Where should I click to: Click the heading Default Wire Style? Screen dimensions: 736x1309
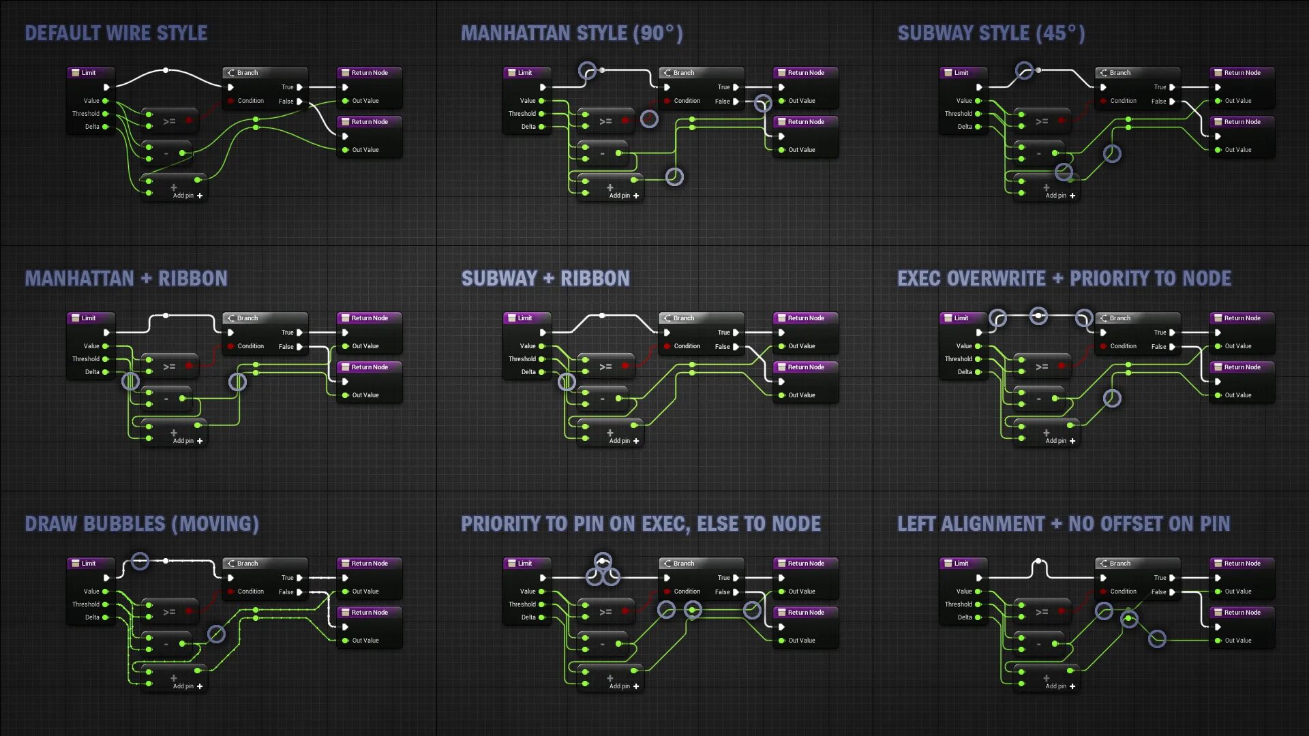[116, 33]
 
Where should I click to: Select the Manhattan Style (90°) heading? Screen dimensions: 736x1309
[571, 33]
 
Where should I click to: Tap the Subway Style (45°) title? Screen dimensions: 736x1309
[991, 33]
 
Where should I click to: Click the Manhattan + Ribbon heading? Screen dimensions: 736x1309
[126, 279]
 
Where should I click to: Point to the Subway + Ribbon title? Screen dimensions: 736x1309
[545, 279]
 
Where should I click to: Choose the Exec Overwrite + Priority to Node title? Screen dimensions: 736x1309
[1064, 279]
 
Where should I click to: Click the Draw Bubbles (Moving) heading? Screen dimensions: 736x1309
[142, 524]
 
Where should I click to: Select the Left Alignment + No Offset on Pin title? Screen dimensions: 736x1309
[1064, 524]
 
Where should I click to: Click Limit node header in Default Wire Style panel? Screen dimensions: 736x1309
[89, 73]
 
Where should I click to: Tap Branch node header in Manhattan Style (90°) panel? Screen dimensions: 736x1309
[684, 73]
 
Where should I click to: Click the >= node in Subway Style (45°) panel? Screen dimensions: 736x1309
[1042, 121]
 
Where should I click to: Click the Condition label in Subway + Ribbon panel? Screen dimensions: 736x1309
[687, 346]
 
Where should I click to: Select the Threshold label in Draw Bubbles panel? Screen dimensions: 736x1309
[86, 604]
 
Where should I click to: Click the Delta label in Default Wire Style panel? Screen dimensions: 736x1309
[92, 127]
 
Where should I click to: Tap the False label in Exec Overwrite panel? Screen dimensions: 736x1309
[1158, 347]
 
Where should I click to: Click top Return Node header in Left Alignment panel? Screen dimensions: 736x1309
[1242, 564]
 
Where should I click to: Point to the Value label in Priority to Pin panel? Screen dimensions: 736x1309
[528, 592]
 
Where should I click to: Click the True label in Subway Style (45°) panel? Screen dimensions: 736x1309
[1160, 87]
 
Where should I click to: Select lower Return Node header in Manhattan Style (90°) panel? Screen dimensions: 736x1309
[806, 122]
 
